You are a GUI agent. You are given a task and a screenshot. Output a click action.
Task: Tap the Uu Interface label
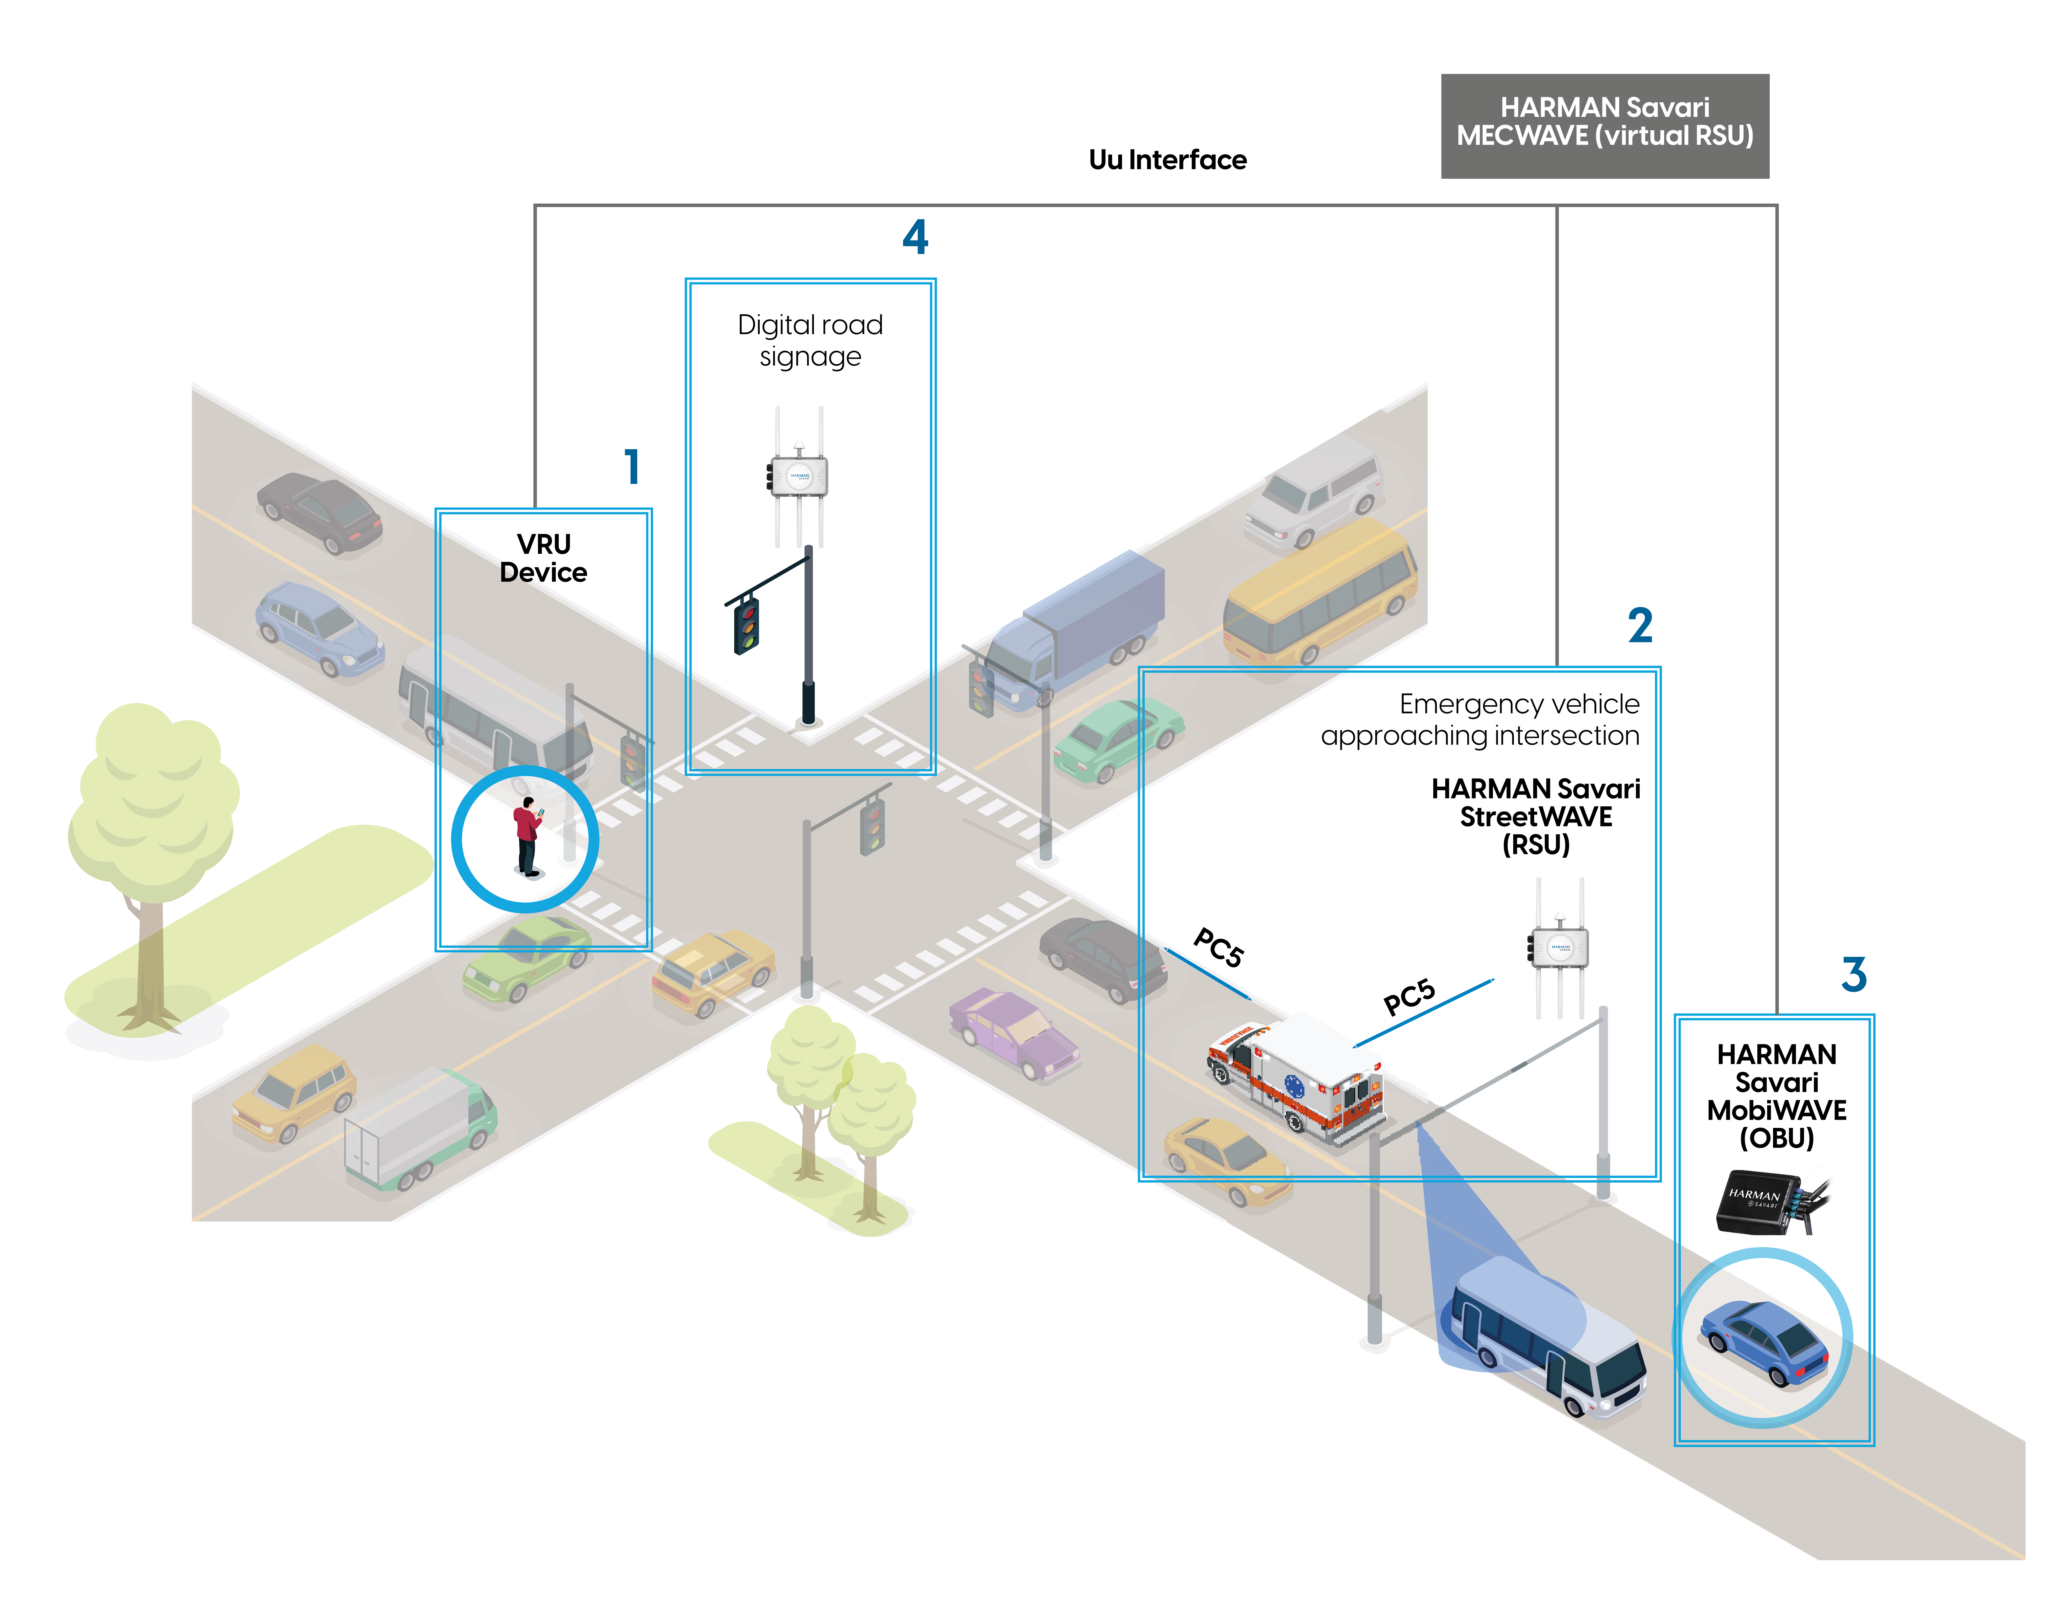pos(1167,160)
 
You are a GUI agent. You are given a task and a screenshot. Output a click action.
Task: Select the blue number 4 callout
pos(915,237)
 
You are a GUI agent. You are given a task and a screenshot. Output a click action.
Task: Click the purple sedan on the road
pos(1013,1034)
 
